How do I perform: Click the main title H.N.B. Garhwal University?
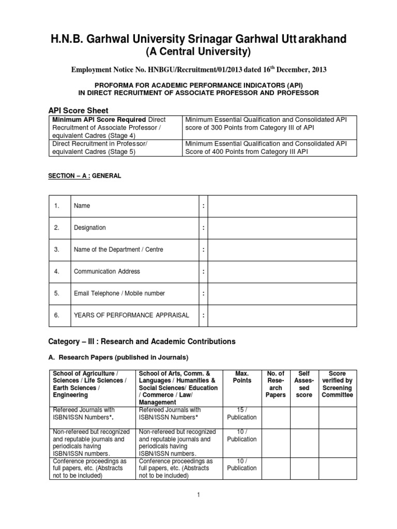pyautogui.click(x=198, y=38)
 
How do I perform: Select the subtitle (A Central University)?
pyautogui.click(x=198, y=52)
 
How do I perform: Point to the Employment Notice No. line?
pyautogui.click(x=198, y=69)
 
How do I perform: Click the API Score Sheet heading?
pyautogui.click(x=78, y=111)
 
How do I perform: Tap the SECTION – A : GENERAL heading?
pyautogui.click(x=85, y=176)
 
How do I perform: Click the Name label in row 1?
pyautogui.click(x=82, y=206)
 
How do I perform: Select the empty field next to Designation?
pyautogui.click(x=282, y=228)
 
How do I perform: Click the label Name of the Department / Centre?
pyautogui.click(x=118, y=250)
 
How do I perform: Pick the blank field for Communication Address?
pyautogui.click(x=282, y=271)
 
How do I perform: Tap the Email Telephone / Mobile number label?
pyautogui.click(x=119, y=293)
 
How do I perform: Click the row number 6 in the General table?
pyautogui.click(x=57, y=315)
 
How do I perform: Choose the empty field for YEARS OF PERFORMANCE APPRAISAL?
pyautogui.click(x=282, y=315)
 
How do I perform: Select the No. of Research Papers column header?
pyautogui.click(x=275, y=384)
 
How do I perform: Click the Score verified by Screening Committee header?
pyautogui.click(x=337, y=384)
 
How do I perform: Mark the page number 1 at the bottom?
pyautogui.click(x=198, y=494)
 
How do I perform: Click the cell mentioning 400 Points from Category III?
pyautogui.click(x=266, y=147)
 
